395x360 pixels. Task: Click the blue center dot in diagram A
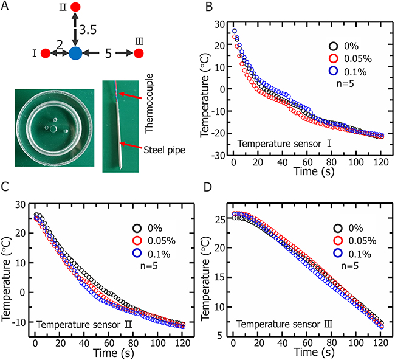pos(75,53)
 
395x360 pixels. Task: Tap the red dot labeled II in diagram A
pos(75,8)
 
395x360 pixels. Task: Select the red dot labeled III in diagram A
pos(139,54)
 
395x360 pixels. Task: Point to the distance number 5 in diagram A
pos(107,54)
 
